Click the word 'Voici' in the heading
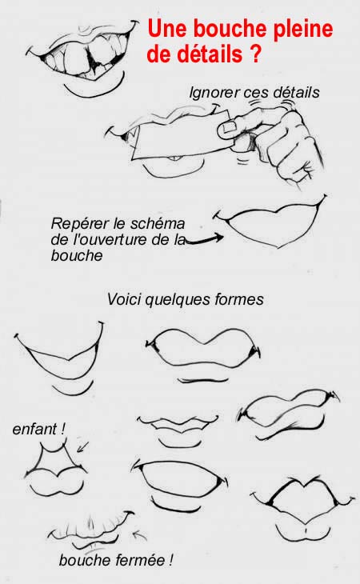[123, 300]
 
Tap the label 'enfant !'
[38, 430]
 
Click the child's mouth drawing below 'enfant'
[56, 471]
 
